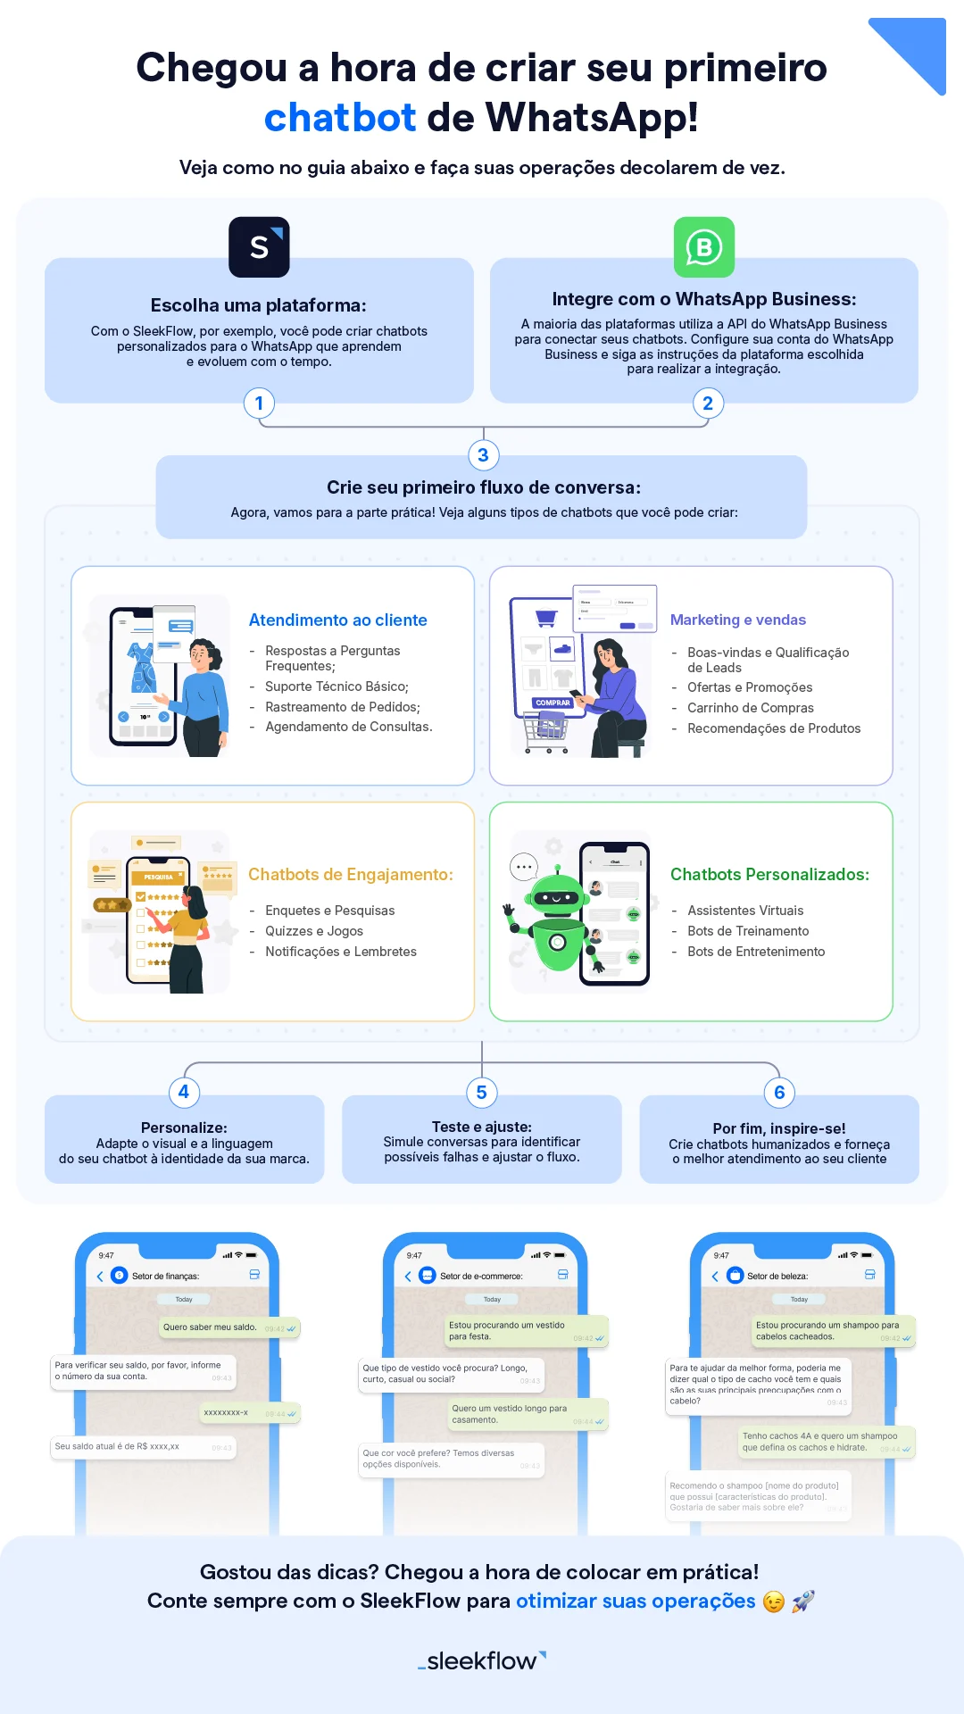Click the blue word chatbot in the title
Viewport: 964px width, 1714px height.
(x=340, y=118)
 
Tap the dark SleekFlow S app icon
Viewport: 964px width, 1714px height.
(x=259, y=247)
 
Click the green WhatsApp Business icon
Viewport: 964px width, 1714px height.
(x=704, y=247)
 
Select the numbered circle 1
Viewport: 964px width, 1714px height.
(x=259, y=404)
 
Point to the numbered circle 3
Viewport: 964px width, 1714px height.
(x=483, y=455)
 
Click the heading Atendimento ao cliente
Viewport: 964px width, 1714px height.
(x=337, y=620)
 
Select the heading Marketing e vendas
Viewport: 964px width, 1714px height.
(x=737, y=620)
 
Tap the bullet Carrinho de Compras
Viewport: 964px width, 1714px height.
(x=750, y=708)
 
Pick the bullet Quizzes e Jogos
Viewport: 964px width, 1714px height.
(x=313, y=931)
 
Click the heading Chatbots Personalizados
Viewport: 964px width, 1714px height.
(x=769, y=875)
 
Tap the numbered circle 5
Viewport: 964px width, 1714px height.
(x=482, y=1093)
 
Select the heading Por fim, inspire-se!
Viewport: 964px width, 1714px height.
(x=778, y=1128)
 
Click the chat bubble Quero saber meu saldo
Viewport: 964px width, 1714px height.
(x=211, y=1327)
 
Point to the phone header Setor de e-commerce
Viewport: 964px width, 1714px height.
(x=480, y=1276)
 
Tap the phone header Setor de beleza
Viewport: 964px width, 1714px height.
(x=777, y=1276)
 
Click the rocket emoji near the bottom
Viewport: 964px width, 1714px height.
(x=803, y=1602)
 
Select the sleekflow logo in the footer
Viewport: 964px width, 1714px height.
(x=482, y=1660)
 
